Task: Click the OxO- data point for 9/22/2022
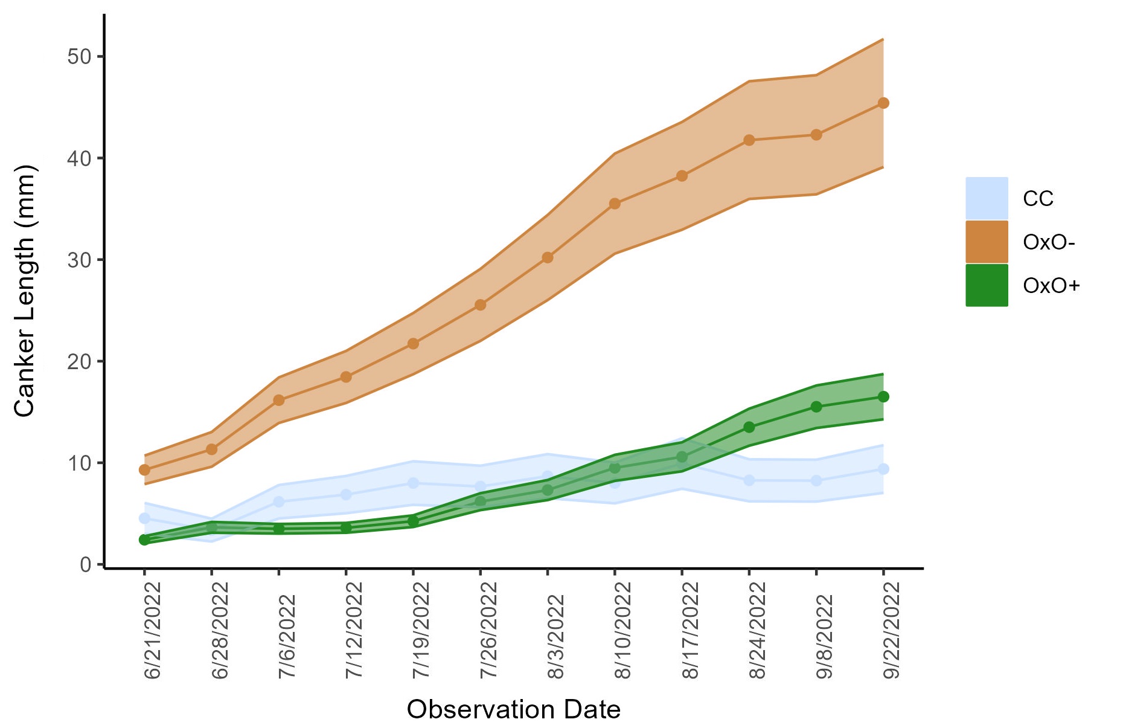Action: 883,103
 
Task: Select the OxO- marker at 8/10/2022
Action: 615,204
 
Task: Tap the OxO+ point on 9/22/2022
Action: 883,397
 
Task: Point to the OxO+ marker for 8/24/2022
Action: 749,427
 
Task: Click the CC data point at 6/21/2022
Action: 144,518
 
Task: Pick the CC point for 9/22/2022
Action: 883,469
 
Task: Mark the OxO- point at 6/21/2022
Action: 144,470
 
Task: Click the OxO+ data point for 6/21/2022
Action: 144,540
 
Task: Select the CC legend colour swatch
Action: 987,198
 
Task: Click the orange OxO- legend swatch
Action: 987,242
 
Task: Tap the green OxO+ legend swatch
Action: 987,285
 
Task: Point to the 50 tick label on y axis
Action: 79,57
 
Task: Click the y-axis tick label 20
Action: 79,361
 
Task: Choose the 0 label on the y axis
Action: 86,565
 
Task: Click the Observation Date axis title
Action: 513,709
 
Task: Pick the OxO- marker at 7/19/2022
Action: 414,344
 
